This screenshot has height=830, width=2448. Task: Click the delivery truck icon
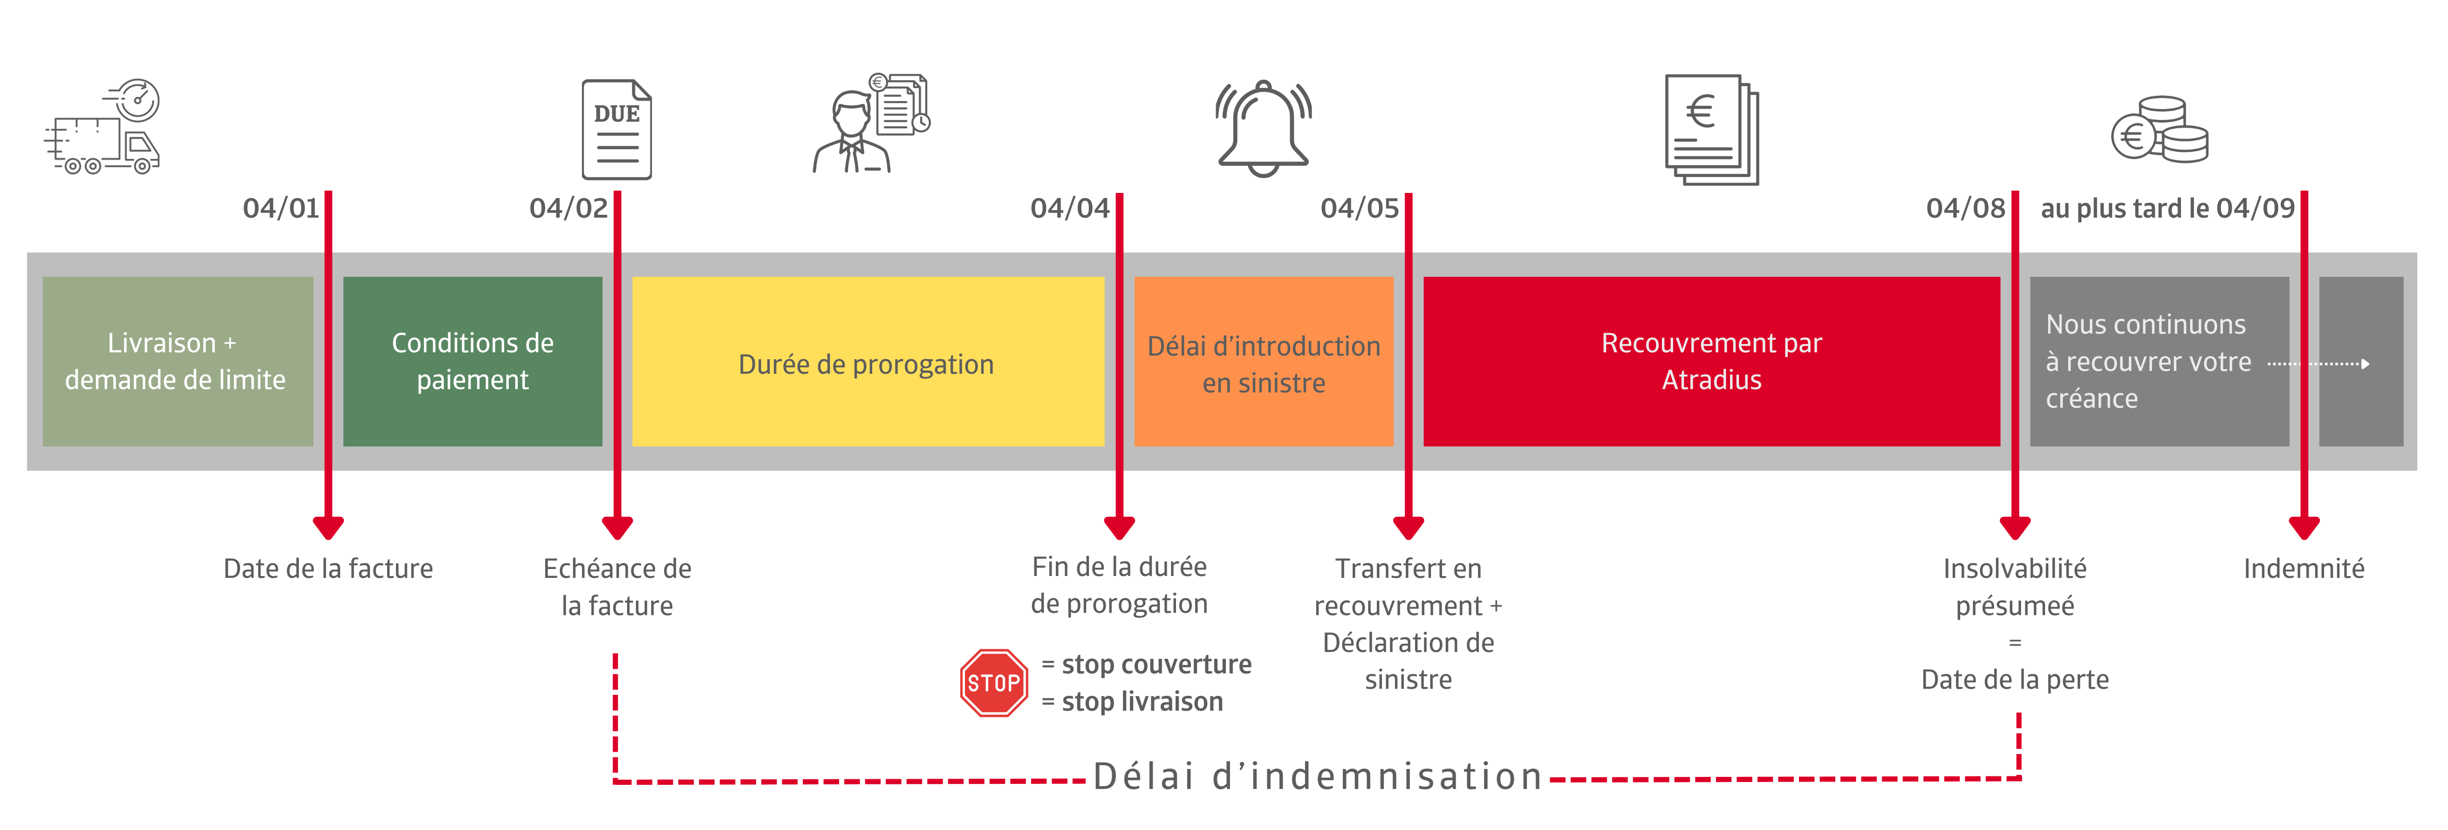click(x=103, y=128)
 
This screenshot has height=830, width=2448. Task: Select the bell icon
click(x=1263, y=128)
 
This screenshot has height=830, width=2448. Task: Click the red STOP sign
click(x=993, y=683)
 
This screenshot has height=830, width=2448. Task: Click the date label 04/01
click(x=280, y=208)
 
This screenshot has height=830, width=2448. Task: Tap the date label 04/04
click(x=1069, y=208)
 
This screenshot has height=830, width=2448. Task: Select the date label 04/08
click(x=1964, y=208)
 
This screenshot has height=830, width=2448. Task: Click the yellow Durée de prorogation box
click(x=867, y=362)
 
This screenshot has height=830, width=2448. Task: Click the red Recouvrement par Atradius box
click(x=1710, y=362)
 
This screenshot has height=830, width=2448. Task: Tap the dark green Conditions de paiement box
click(x=472, y=362)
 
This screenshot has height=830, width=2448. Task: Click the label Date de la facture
click(x=328, y=569)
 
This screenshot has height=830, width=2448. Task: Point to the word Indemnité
click(x=2304, y=569)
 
